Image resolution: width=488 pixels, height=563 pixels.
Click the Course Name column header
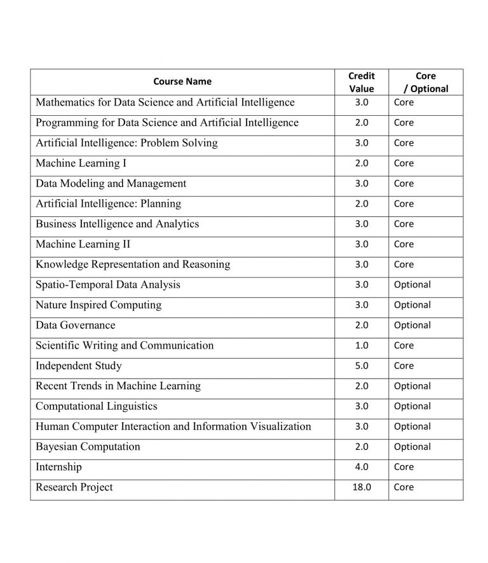[182, 81]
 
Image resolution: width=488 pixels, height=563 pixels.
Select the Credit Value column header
[362, 82]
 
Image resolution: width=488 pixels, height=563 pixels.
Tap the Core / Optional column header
[426, 82]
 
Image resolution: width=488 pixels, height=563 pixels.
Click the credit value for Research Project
[362, 487]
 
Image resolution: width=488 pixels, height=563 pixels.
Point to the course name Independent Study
[79, 366]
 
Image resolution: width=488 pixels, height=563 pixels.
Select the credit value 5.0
[362, 366]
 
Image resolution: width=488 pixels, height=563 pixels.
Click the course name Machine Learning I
[81, 163]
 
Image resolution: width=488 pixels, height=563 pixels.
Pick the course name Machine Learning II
[83, 244]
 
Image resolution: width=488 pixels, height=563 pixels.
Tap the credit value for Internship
[362, 467]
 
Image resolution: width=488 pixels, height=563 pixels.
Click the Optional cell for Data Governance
[412, 325]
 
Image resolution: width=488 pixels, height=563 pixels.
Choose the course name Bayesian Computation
[88, 447]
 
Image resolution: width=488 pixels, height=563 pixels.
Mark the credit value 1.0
[362, 345]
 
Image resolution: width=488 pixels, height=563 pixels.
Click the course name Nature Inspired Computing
[98, 305]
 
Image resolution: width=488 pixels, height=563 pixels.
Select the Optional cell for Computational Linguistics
[412, 406]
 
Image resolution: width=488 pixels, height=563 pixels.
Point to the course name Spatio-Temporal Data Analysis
[108, 284]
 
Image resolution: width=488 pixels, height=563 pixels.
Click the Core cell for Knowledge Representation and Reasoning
[403, 265]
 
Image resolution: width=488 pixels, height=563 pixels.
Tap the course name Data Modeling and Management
[111, 184]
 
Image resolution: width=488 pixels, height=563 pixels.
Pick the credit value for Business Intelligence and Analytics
[362, 224]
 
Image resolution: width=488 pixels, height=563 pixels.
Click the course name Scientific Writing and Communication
[125, 345]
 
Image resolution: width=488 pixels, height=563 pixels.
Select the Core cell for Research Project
[403, 487]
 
